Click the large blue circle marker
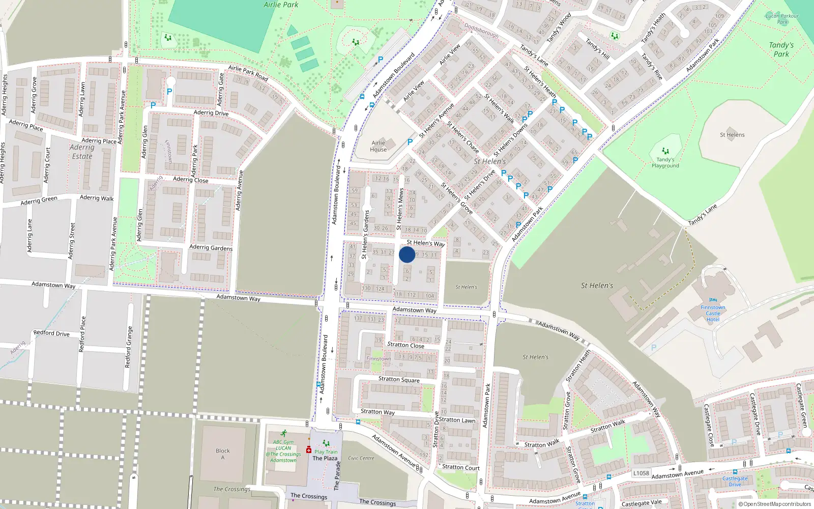(x=407, y=254)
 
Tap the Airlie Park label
(x=281, y=5)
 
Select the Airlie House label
(x=379, y=146)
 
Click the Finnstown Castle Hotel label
(x=713, y=313)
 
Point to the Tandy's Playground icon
(x=665, y=151)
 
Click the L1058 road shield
(x=641, y=473)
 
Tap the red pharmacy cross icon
(x=308, y=450)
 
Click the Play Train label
(x=326, y=451)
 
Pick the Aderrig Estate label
(x=82, y=152)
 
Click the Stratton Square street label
(x=399, y=379)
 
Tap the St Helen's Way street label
(x=426, y=243)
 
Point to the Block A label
(x=223, y=454)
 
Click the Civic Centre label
(x=361, y=458)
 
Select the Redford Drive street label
(x=51, y=333)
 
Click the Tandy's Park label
(x=781, y=49)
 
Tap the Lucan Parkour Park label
(x=782, y=19)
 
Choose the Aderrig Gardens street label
(x=211, y=247)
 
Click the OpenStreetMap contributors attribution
(x=775, y=504)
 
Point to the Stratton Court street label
(x=461, y=467)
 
